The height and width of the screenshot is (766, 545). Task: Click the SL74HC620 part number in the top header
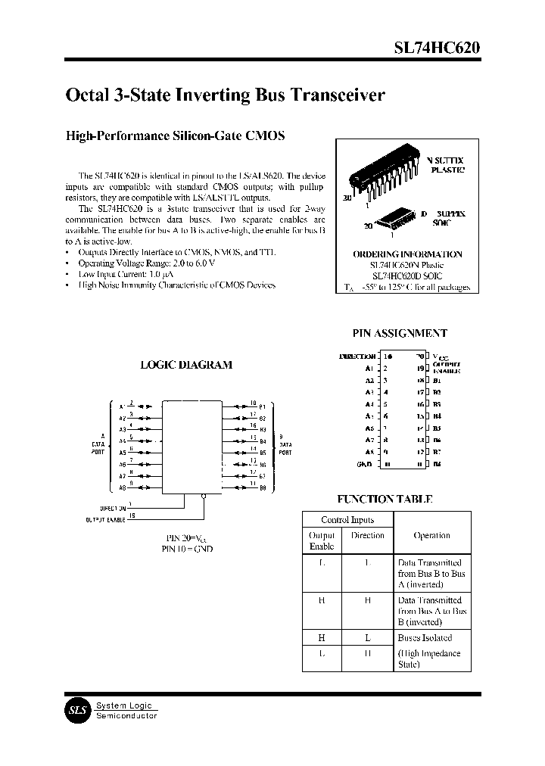coord(436,48)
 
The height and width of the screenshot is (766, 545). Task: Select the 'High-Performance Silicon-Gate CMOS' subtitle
coord(176,136)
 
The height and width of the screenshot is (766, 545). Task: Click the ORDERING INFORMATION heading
coord(407,254)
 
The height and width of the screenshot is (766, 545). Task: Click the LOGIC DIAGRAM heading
coord(186,364)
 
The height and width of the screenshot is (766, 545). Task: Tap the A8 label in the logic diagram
coord(122,488)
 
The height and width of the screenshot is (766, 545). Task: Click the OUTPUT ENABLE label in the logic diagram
coord(104,520)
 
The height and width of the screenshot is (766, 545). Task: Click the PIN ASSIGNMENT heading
coord(400,333)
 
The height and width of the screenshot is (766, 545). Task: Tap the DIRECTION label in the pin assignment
coord(357,356)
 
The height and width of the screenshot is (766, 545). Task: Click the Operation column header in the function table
coord(431,535)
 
